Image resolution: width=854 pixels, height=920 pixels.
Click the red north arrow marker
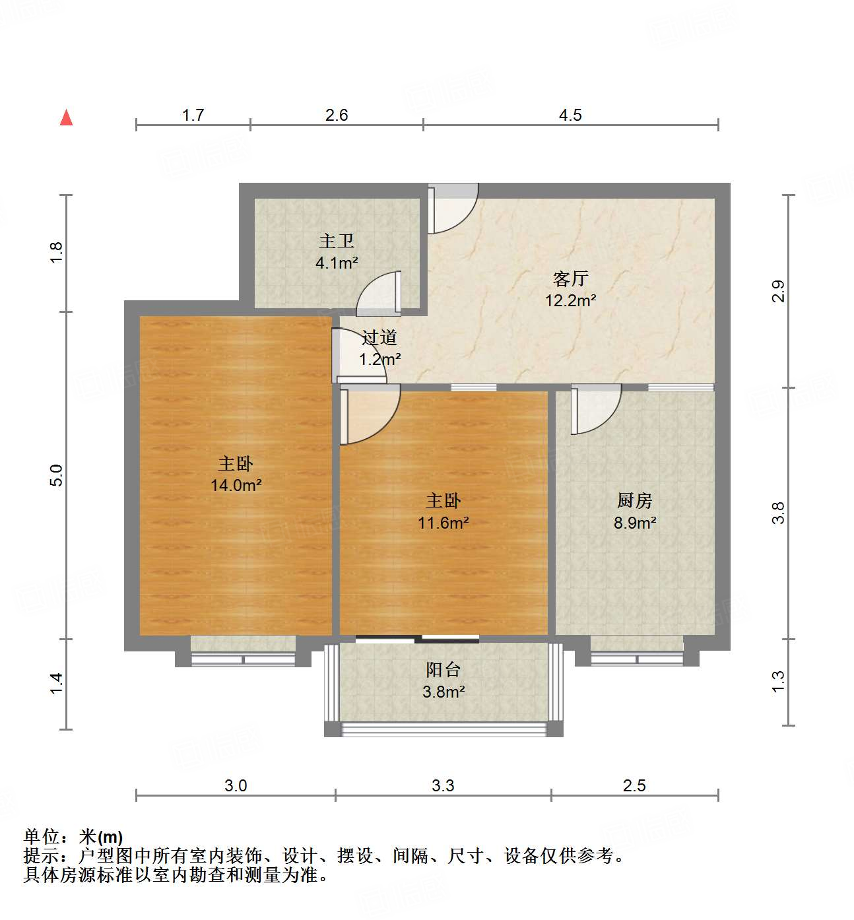click(x=66, y=117)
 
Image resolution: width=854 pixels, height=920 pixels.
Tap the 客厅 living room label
click(x=570, y=279)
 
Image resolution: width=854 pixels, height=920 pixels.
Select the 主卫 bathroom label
click(x=337, y=242)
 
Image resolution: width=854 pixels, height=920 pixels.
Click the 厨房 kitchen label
click(x=634, y=501)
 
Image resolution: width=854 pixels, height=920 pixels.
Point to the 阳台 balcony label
click(x=443, y=670)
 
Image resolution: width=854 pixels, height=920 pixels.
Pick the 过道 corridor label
click(x=379, y=338)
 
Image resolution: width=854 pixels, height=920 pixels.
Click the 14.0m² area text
click(x=236, y=486)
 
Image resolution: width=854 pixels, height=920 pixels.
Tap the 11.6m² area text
click(x=443, y=523)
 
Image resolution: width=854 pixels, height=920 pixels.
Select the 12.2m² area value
click(x=570, y=301)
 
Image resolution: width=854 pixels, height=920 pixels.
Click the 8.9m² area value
click(x=634, y=523)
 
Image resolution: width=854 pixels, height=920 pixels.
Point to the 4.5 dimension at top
click(x=570, y=115)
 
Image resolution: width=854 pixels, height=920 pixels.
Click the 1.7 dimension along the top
click(x=193, y=115)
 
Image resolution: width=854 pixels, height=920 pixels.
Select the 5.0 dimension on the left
click(x=57, y=475)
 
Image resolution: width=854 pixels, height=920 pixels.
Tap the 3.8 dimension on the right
click(x=779, y=513)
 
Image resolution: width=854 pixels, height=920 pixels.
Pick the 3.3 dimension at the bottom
click(x=443, y=786)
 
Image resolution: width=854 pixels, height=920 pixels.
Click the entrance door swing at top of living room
click(x=452, y=210)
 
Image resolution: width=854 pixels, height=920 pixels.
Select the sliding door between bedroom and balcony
click(x=417, y=638)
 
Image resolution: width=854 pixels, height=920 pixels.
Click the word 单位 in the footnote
click(x=42, y=837)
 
